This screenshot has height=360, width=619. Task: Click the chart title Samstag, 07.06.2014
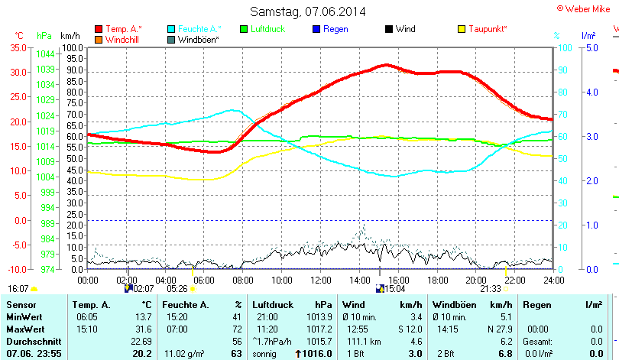click(x=308, y=11)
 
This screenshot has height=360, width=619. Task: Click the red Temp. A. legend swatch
click(x=99, y=29)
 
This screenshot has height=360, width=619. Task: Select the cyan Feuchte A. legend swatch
click(x=171, y=29)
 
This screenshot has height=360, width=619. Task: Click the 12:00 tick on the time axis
click(x=321, y=281)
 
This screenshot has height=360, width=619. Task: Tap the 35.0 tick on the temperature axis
click(x=17, y=47)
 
